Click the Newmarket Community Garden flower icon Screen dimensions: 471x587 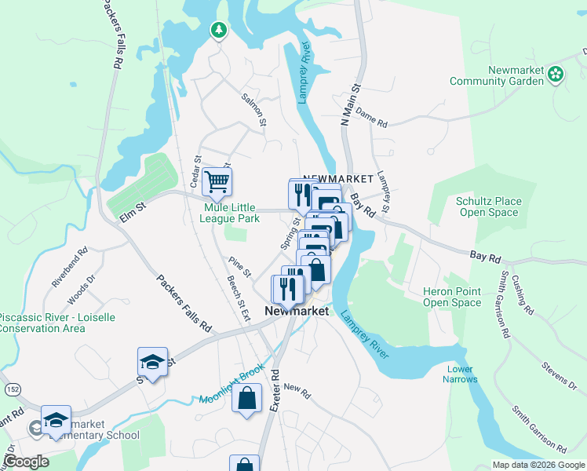(556, 74)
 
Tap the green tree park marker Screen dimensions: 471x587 (218, 31)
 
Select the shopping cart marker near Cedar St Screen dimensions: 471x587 (217, 182)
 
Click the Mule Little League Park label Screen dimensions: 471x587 (232, 214)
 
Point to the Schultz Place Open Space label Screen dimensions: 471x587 (489, 206)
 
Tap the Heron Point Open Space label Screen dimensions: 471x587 (451, 297)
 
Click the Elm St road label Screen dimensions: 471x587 (133, 208)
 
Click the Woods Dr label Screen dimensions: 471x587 (82, 288)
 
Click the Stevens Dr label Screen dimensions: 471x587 (559, 374)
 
